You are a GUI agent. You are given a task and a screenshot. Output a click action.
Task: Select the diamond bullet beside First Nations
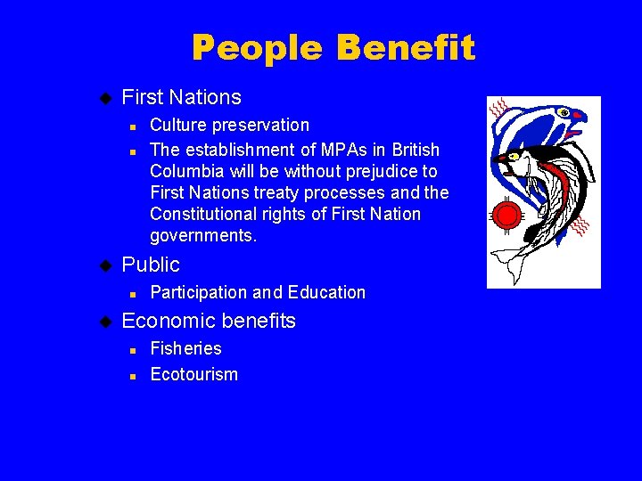point(103,96)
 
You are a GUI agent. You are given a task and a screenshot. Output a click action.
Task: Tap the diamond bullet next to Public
point(103,265)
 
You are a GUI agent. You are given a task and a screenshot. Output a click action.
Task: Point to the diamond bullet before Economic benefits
point(103,321)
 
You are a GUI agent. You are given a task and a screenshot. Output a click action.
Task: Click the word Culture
point(177,125)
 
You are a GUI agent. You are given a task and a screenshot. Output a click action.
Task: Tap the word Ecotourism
point(194,374)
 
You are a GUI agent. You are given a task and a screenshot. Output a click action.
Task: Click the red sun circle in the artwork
point(507,215)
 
